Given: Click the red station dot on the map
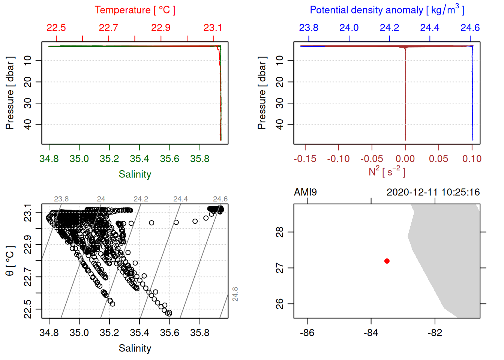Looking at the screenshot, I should (x=387, y=261).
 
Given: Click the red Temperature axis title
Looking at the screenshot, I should (x=135, y=10).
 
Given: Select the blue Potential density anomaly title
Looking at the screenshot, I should (x=387, y=10).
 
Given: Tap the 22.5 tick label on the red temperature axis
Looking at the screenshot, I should (x=56, y=28).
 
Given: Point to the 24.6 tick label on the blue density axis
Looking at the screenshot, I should (x=470, y=28).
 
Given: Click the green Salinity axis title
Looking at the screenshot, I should (x=135, y=174).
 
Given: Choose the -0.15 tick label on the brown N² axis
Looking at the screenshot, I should (x=305, y=159).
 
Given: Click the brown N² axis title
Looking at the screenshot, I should (x=387, y=171).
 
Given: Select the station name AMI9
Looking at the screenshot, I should (x=305, y=192).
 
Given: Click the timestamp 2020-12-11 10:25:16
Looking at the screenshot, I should (x=433, y=192).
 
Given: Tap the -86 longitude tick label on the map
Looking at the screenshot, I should (x=307, y=333).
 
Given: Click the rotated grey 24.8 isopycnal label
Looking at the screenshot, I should (x=235, y=294).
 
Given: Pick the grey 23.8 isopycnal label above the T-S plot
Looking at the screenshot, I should (x=61, y=199).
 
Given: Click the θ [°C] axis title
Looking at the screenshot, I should (x=10, y=261).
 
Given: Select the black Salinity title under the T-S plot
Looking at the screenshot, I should (x=135, y=348).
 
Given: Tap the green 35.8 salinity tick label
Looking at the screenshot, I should (x=199, y=159).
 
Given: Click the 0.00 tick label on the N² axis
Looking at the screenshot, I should (x=405, y=159).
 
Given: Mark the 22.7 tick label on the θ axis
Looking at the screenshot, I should (x=28, y=277).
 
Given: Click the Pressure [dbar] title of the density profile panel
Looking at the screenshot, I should (x=262, y=93).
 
